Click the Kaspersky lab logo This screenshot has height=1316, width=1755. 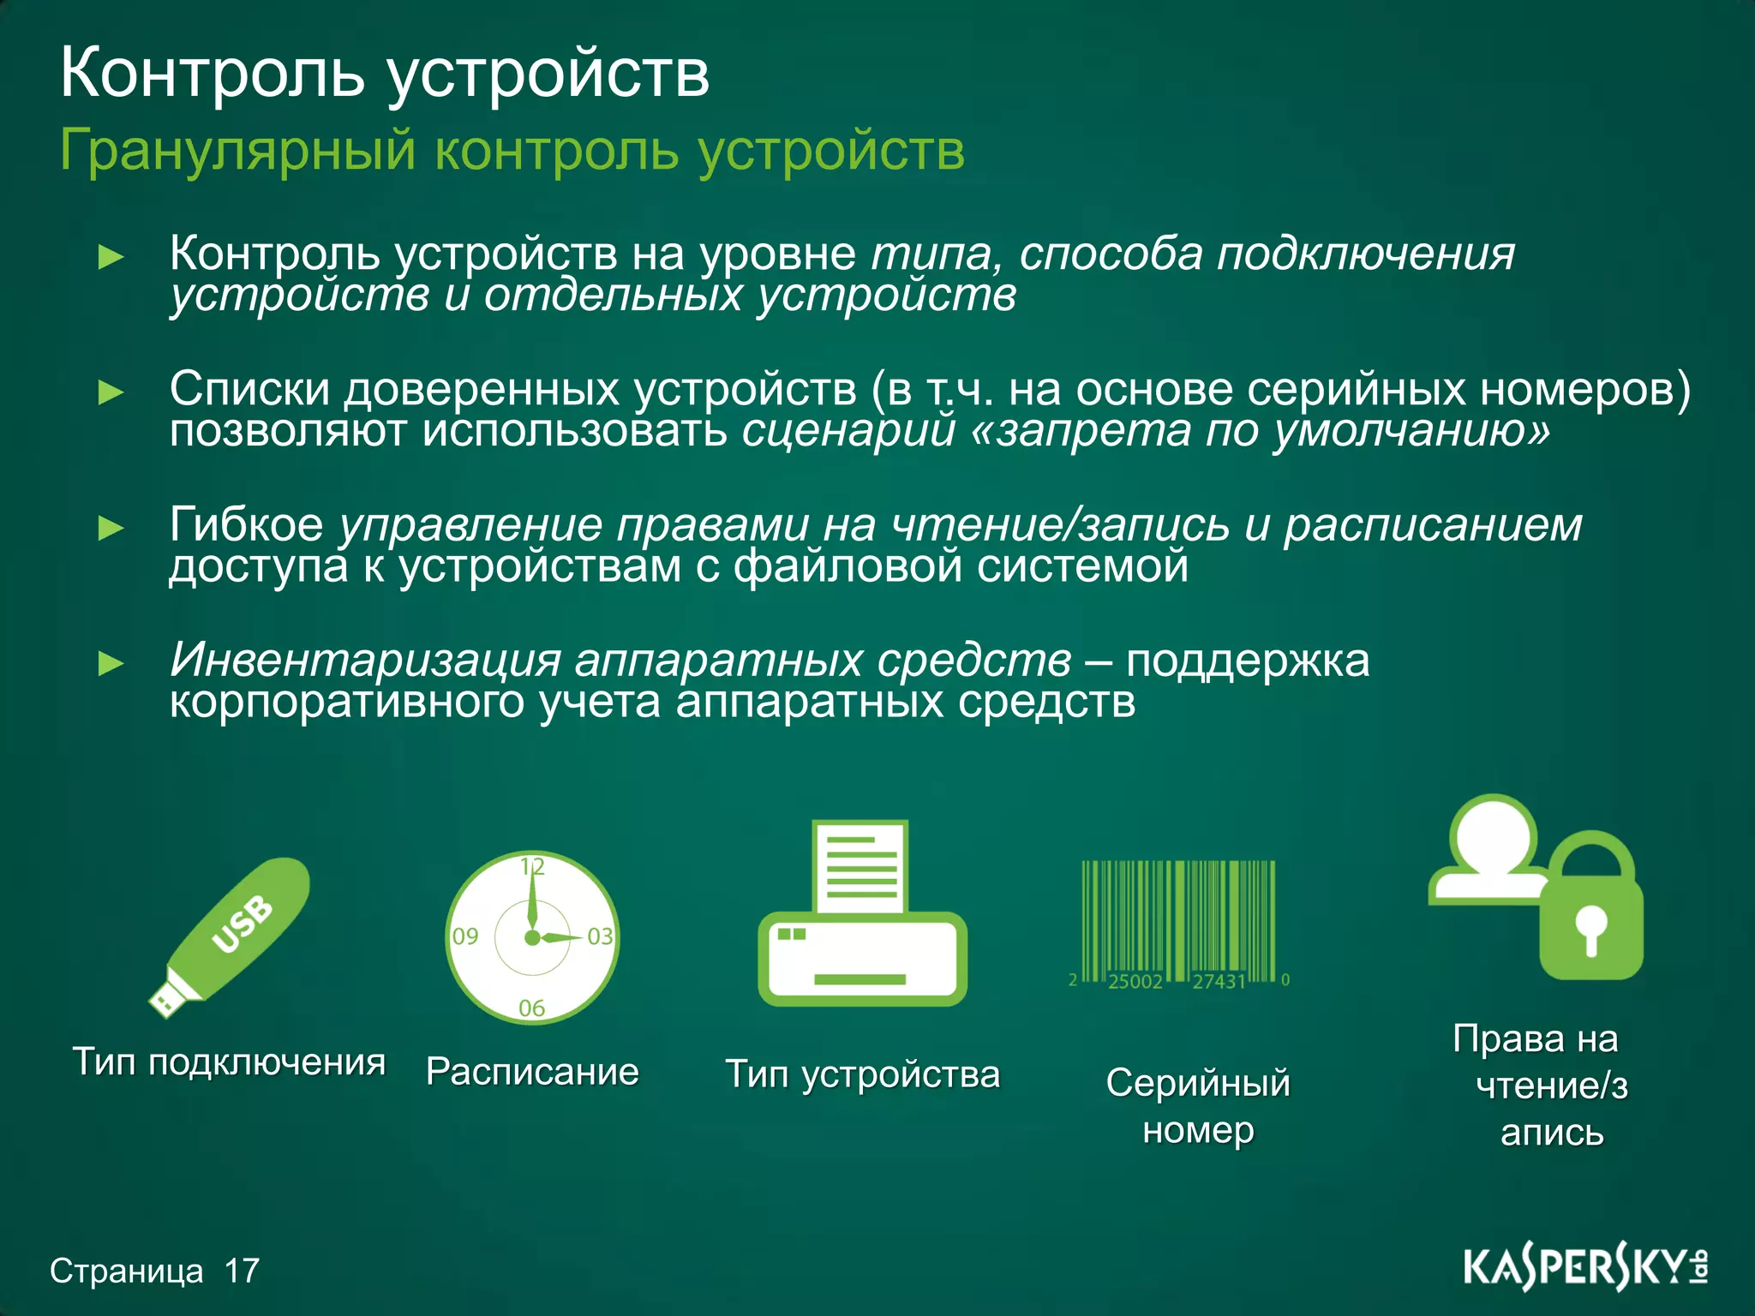pos(1584,1269)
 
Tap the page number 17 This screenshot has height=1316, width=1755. pos(242,1271)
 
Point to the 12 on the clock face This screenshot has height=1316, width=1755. pos(532,866)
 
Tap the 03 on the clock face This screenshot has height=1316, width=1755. pos(600,936)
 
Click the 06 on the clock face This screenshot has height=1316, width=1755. pos(531,1008)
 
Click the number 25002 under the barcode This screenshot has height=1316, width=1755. pos(1135,982)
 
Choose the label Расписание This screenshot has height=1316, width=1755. pos(532,1072)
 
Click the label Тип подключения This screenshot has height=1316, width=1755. pos(229,1062)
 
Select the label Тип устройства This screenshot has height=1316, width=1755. pos(862,1074)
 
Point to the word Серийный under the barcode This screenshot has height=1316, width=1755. pos(1197,1083)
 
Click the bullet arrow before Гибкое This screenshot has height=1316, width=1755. pos(111,528)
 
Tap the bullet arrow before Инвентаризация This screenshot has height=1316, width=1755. pos(111,663)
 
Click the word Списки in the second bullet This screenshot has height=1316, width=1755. pos(249,389)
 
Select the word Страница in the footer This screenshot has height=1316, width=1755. pos(126,1271)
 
